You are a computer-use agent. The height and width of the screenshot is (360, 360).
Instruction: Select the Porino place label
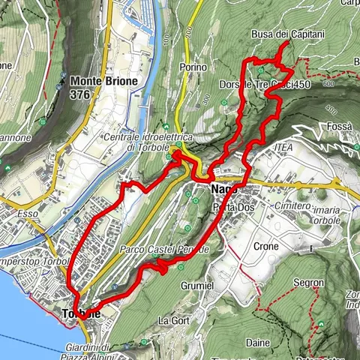coord(193,67)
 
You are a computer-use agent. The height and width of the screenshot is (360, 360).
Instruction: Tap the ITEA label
coord(282,147)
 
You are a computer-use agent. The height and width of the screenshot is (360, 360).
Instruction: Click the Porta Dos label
coord(229,207)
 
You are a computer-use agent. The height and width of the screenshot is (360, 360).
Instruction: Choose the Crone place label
coord(266,246)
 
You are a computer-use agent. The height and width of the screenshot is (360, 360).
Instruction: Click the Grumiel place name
coord(197,286)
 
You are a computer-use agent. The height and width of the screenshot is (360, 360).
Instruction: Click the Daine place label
coord(257,342)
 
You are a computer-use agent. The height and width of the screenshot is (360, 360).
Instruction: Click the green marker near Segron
coord(321,324)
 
